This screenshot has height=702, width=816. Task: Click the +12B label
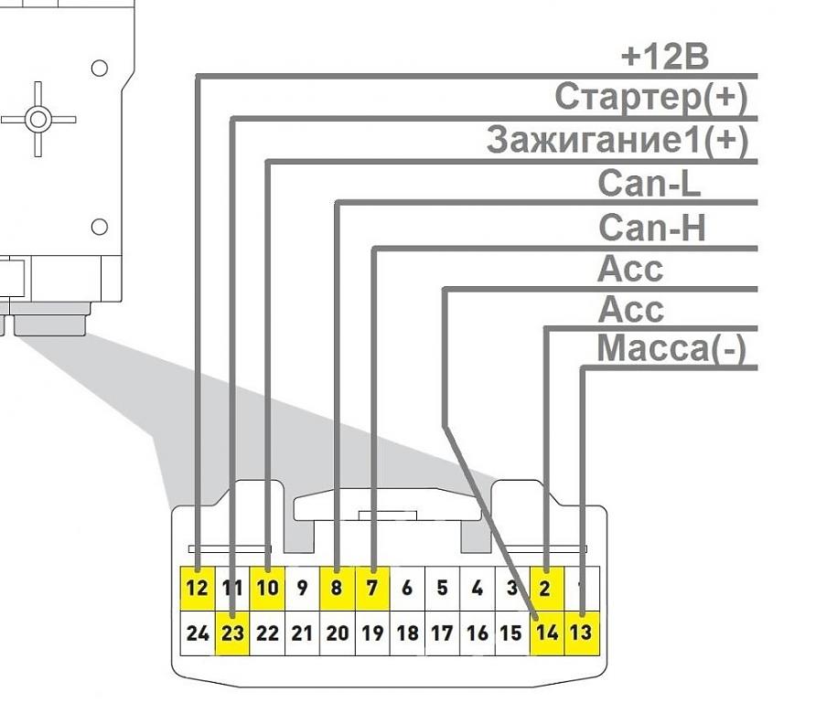pos(664,57)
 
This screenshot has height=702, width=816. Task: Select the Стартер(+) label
pos(651,97)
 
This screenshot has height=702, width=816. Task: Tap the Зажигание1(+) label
pos(617,140)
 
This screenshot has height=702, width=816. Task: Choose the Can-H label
pos(651,227)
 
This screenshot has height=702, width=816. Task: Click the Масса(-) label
pos(671,348)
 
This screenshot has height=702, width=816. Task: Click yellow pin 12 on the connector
pos(198,588)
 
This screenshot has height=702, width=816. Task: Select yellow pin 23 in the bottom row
pos(233,633)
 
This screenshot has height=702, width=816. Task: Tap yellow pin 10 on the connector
pos(267,588)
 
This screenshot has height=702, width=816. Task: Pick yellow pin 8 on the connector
pos(337,588)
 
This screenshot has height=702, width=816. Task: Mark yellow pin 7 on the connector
pos(372,588)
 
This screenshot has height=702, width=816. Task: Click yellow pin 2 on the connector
pos(546,588)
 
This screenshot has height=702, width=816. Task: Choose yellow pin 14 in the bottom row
pos(547,633)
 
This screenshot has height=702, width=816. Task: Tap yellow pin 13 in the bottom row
pos(582,633)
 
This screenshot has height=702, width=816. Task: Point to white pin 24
pos(198,633)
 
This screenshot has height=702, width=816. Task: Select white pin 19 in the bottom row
pos(372,633)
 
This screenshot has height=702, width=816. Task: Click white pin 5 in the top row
pos(442,588)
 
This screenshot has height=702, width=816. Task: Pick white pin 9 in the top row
pos(302,588)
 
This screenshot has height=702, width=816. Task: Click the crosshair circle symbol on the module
pos(37,119)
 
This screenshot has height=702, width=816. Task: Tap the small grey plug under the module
pos(51,324)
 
